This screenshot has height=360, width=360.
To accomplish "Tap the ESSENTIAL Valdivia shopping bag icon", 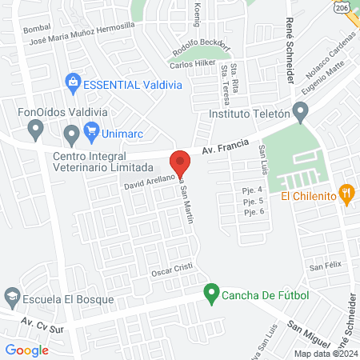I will coord(73,81).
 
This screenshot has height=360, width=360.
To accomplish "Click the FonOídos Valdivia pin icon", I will coord(34,128).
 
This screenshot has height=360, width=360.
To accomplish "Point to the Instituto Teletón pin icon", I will coord(300,111).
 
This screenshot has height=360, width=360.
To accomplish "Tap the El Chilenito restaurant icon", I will coord(346,193).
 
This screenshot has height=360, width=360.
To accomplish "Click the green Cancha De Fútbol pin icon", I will coord(211,294).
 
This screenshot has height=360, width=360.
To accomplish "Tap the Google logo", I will coord(27,350).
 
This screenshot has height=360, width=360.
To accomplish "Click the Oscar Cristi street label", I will coord(173,273).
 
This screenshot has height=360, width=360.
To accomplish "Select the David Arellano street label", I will coord(150,185).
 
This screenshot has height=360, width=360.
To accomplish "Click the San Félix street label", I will coord(326,266).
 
